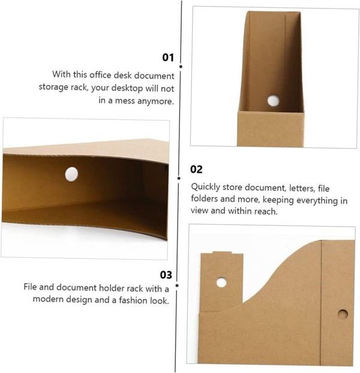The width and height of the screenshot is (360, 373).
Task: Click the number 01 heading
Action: tap(168, 58)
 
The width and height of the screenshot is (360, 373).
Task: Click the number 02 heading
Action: tap(196, 169)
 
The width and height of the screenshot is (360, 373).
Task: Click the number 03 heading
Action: tap(166, 275)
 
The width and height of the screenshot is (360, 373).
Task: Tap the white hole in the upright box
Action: tap(273, 100)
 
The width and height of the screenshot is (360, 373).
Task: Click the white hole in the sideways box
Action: tap(71, 174)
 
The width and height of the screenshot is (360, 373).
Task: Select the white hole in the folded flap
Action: tap(221, 282)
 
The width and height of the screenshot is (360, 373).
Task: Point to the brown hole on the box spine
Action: tap(343, 314)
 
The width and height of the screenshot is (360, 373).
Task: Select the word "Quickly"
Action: tap(205, 187)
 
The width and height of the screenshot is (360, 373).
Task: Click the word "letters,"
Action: tap(302, 188)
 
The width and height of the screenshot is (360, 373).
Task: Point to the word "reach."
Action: tap(266, 211)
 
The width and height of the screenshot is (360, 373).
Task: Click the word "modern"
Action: tap(48, 299)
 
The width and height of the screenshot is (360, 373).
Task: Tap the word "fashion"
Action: tap(133, 300)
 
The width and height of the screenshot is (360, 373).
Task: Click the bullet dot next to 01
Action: tap(181, 67)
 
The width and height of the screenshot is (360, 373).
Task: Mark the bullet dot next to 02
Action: tap(179, 178)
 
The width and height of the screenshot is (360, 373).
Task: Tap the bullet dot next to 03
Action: tap(177, 285)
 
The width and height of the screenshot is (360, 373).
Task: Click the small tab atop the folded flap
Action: tap(222, 252)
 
